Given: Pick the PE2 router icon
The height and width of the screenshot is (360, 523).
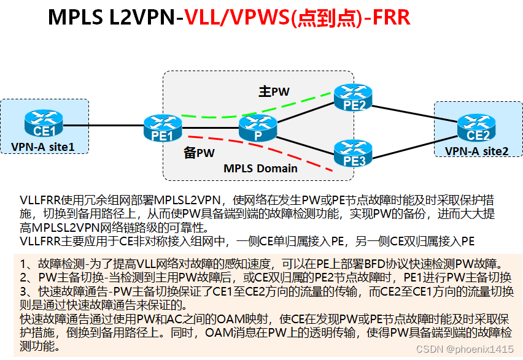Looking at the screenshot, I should click(354, 97).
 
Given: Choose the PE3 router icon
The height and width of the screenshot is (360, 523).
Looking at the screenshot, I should click(354, 153).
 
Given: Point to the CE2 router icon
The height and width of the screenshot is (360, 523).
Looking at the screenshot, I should click(478, 128).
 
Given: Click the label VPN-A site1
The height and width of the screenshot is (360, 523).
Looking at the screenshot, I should click(42, 147).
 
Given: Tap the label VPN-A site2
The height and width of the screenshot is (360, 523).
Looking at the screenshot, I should click(476, 151).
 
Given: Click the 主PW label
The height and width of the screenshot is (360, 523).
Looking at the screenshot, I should click(273, 92).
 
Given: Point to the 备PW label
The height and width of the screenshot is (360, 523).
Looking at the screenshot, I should click(199, 153).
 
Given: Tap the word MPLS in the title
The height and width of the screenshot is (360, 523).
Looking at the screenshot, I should click(77, 18).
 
